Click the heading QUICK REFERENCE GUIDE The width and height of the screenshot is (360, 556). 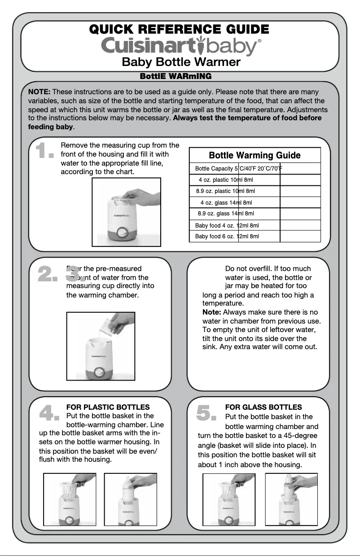180,30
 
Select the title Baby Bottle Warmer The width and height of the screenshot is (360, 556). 181,62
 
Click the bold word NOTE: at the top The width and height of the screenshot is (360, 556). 39,92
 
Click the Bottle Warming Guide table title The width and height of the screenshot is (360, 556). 255,155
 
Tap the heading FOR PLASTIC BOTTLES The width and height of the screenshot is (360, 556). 108,407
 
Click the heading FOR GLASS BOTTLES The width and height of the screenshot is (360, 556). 263,407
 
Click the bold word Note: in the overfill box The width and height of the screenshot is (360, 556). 212,312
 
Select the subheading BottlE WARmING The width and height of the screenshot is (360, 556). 176,76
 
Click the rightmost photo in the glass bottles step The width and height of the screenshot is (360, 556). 291,499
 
